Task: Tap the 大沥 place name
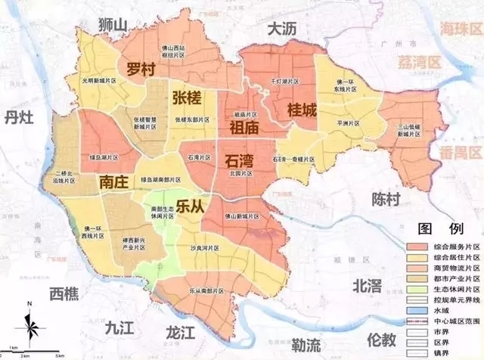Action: pyautogui.click(x=284, y=29)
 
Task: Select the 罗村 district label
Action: pyautogui.click(x=141, y=68)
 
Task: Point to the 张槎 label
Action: pyautogui.click(x=188, y=98)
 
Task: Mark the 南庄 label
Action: pyautogui.click(x=114, y=182)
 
